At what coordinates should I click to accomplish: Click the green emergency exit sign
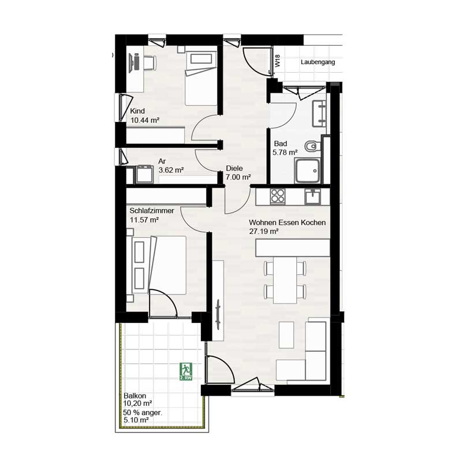185,371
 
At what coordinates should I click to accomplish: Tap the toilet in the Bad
312,146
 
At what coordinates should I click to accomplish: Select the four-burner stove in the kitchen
278,196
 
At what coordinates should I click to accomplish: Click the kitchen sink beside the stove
312,196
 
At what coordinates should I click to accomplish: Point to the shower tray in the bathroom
307,170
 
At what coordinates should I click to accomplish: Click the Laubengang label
318,62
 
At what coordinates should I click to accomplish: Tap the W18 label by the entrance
278,61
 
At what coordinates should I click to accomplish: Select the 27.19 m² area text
264,232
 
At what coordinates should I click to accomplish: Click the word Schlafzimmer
152,211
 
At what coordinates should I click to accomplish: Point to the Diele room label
234,168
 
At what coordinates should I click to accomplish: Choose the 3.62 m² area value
171,170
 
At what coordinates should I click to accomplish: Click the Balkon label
135,396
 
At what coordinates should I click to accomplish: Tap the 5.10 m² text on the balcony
136,420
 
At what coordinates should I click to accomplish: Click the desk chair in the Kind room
150,63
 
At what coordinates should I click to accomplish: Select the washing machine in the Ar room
144,174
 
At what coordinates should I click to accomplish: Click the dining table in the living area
285,280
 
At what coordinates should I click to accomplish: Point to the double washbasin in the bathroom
319,113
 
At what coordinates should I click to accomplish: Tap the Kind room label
137,111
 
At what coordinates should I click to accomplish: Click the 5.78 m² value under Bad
285,152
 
